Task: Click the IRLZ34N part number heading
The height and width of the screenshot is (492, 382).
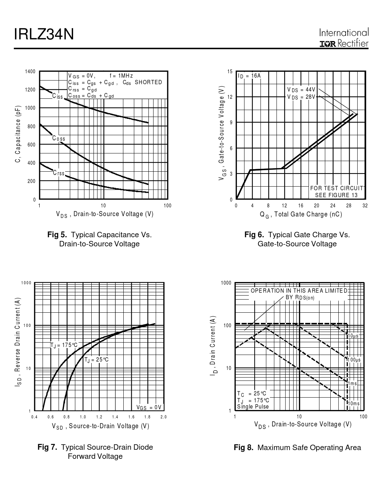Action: pos(44,35)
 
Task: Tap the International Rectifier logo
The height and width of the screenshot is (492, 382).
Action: pos(344,38)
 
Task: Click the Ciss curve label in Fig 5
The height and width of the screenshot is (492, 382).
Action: pos(57,96)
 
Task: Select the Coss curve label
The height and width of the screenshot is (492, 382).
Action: pos(59,138)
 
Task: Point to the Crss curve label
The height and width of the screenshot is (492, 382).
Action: pos(59,173)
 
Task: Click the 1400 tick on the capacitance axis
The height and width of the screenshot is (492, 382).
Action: pos(30,71)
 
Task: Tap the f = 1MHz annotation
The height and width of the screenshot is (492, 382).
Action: pos(121,76)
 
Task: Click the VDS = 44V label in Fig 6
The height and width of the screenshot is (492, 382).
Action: pos(301,90)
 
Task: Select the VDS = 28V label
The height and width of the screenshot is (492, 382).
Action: pos(301,97)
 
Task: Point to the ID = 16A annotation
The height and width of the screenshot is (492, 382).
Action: pos(250,76)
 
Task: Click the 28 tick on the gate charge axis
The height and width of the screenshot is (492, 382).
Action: pos(349,206)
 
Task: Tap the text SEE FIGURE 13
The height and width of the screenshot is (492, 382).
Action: pos(336,195)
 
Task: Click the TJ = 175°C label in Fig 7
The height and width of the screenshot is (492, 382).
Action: pos(64,345)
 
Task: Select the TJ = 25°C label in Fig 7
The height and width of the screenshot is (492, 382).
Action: pos(97,360)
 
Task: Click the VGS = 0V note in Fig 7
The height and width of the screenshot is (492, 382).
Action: pos(149,407)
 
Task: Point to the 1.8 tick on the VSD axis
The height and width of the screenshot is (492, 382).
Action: pos(147,417)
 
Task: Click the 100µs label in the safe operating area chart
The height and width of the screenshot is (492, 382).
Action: pos(354,360)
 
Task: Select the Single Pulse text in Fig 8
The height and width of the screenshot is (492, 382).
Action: pos(253,407)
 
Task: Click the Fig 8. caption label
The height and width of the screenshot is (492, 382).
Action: pos(243,448)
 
